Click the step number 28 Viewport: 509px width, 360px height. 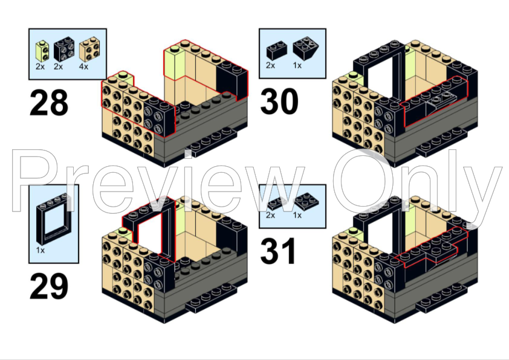pyautogui.click(x=49, y=103)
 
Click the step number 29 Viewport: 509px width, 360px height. pyautogui.click(x=49, y=286)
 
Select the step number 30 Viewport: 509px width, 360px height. pyautogui.click(x=279, y=101)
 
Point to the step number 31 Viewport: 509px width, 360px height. pyautogui.click(x=278, y=251)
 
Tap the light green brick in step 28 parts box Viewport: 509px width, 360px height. pyautogui.click(x=42, y=51)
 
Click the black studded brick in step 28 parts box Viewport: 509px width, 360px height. pyautogui.click(x=63, y=50)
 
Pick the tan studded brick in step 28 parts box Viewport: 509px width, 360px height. pyautogui.click(x=89, y=50)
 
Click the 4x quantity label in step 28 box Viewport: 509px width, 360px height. pyautogui.click(x=83, y=67)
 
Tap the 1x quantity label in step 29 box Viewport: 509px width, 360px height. pyautogui.click(x=41, y=251)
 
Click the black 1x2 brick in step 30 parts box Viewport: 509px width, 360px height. pyautogui.click(x=277, y=50)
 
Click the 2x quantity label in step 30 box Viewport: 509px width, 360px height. pyautogui.click(x=270, y=65)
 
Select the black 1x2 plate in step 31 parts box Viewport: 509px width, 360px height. pyautogui.click(x=278, y=203)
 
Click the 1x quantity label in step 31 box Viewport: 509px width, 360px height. pyautogui.click(x=297, y=215)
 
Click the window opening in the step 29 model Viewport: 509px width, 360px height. pyautogui.click(x=150, y=234)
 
